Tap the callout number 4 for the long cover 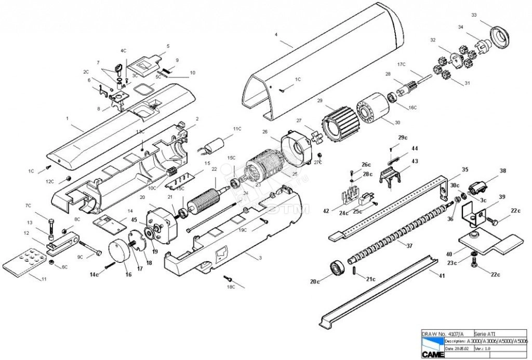click(x=276, y=35)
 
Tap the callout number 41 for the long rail click(x=442, y=276)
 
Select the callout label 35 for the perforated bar click(x=464, y=169)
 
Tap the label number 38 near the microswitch click(x=502, y=170)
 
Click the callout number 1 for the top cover click(x=68, y=118)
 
